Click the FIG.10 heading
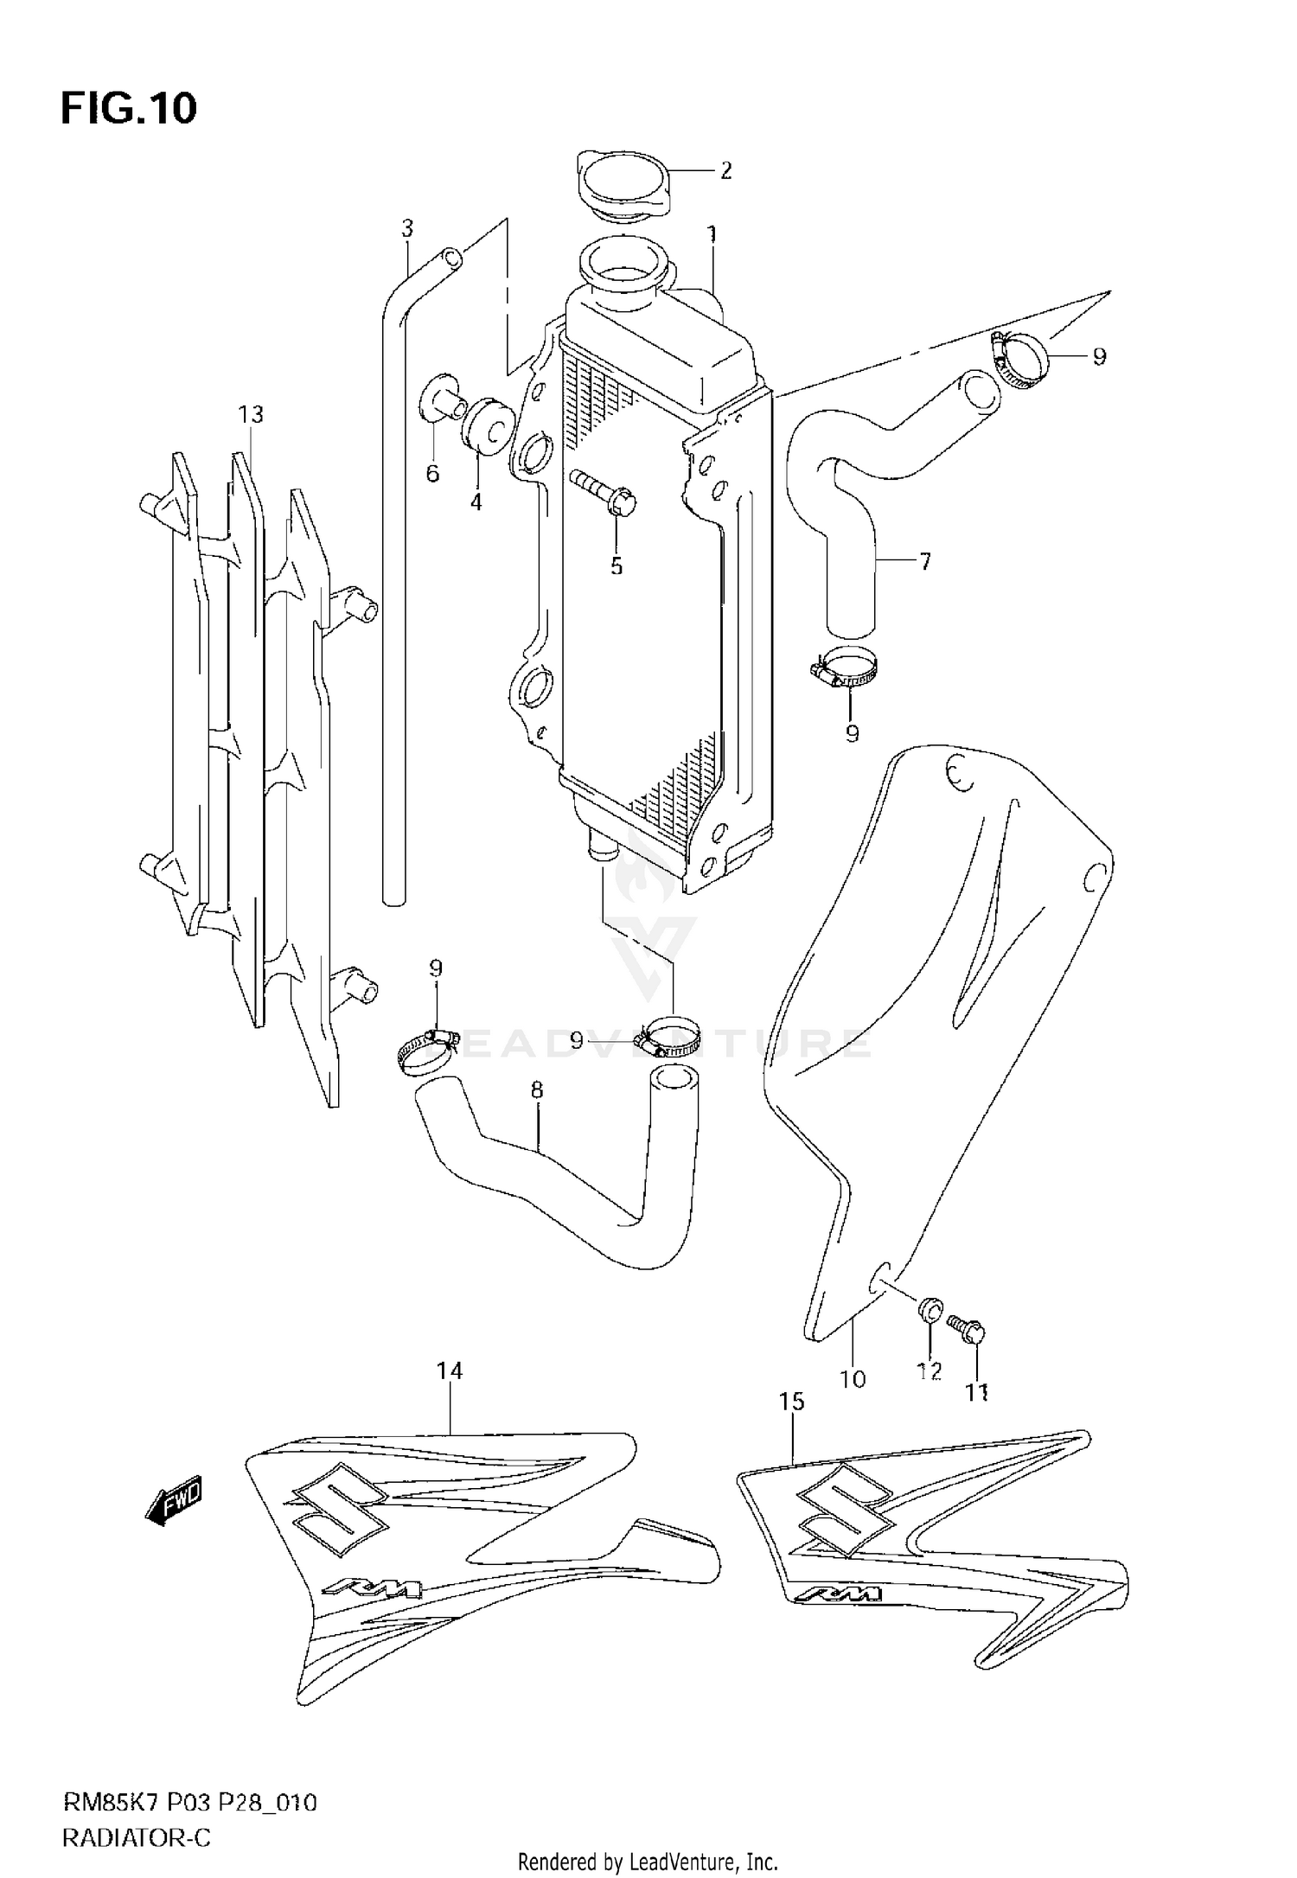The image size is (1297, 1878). [129, 110]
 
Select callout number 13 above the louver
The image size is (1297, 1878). [251, 415]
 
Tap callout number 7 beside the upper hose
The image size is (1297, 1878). [925, 562]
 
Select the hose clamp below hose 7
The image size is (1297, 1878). [845, 670]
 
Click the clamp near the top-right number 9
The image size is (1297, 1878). [1020, 356]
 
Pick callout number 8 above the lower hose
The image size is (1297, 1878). [537, 1090]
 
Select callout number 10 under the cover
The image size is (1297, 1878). [853, 1379]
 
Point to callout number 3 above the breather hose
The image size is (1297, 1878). [407, 229]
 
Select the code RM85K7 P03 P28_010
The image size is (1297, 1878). [189, 1803]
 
